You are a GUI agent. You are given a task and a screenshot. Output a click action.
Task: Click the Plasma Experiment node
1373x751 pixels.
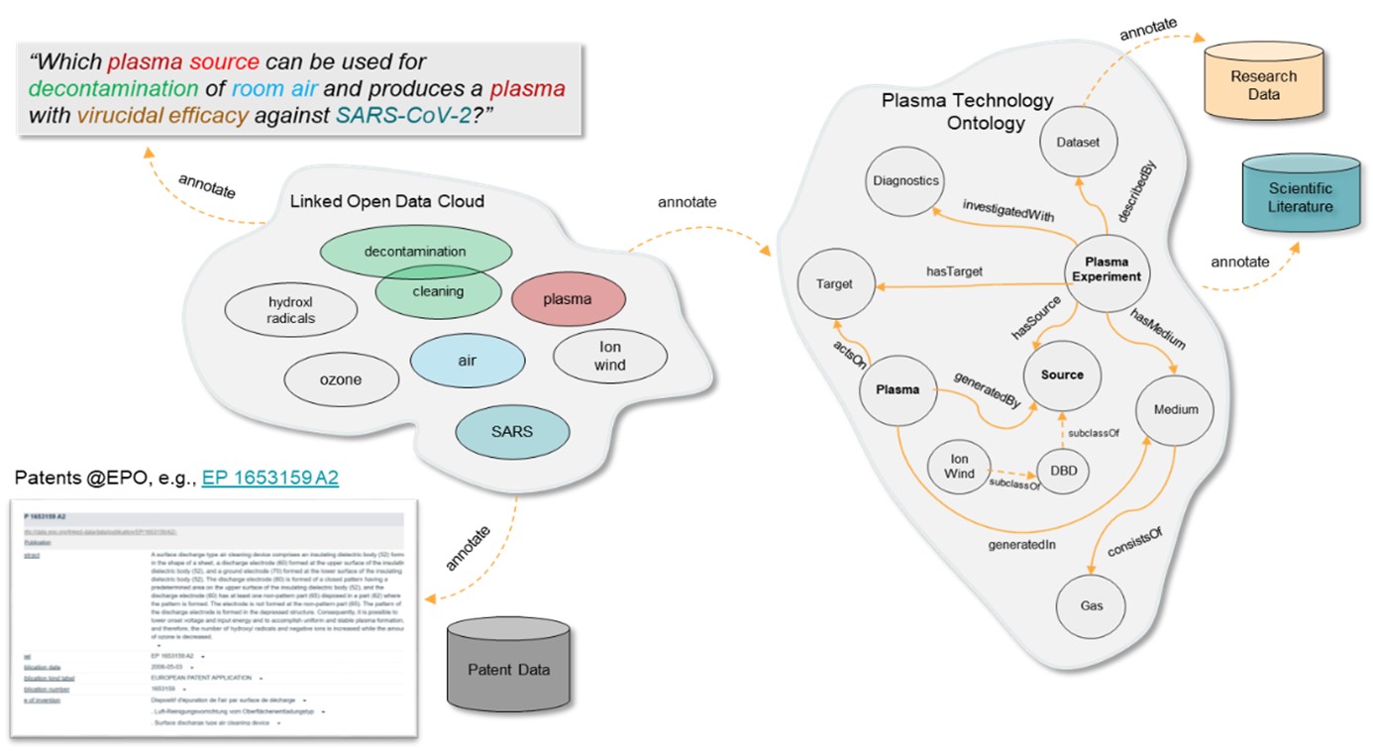click(1107, 269)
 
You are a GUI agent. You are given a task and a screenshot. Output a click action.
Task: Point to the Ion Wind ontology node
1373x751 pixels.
click(960, 467)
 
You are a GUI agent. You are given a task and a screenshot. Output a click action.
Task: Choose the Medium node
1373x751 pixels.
click(1176, 409)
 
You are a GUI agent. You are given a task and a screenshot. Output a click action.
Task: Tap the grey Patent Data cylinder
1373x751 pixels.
click(508, 669)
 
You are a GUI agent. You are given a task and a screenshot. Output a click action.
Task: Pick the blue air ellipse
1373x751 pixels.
click(467, 361)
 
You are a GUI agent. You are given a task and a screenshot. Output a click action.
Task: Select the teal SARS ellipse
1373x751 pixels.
click(512, 432)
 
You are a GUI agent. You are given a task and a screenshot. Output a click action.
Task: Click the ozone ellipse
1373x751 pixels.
click(341, 379)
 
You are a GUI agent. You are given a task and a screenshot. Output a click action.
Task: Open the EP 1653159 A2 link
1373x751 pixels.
click(269, 479)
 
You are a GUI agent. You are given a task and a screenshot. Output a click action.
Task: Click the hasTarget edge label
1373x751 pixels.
click(953, 269)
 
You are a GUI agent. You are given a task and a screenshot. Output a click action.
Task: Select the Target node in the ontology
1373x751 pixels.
click(835, 284)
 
